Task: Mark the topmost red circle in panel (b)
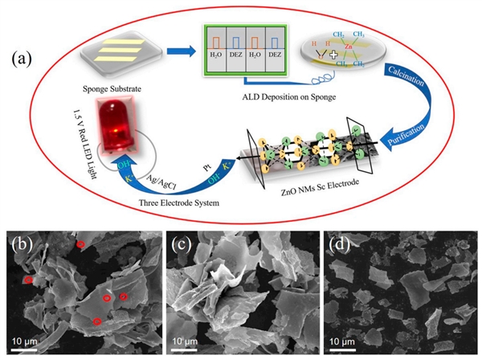point(80,243)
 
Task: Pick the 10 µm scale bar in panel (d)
point(340,348)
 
